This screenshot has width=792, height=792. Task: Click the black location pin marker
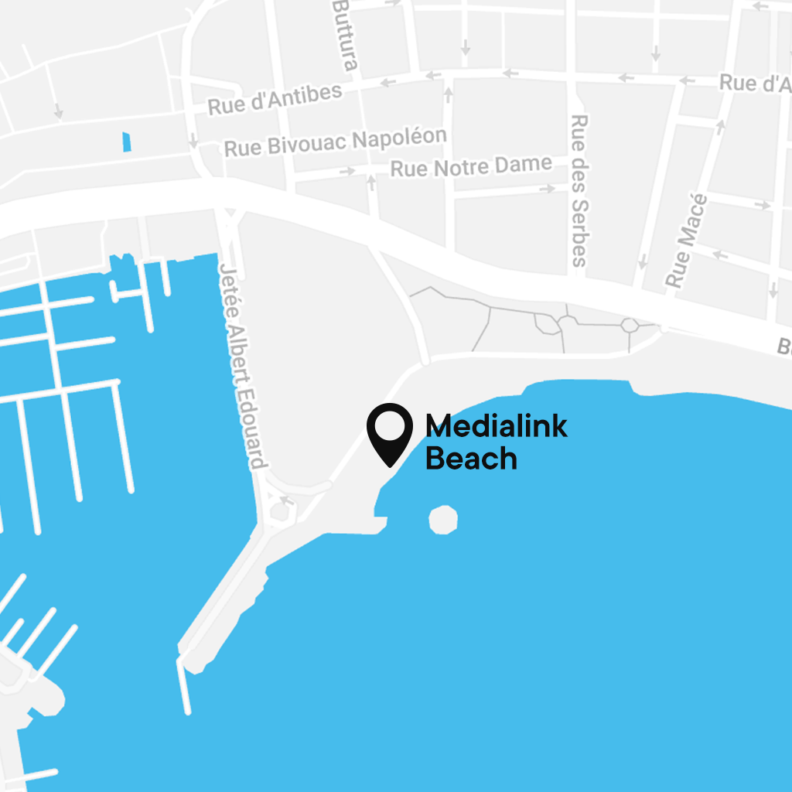point(389,432)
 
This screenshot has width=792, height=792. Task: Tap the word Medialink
point(497,426)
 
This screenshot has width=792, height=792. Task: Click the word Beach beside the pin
point(471,459)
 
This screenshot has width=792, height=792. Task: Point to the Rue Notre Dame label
point(471,166)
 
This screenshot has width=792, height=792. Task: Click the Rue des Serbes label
point(579,190)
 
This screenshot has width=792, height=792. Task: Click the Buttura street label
point(345,35)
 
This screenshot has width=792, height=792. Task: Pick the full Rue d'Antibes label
point(275,98)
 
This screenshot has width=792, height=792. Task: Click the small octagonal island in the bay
point(443,519)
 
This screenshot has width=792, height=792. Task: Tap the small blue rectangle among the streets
point(127,142)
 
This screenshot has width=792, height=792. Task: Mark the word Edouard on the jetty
point(251,425)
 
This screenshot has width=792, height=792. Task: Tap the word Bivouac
point(303,145)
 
